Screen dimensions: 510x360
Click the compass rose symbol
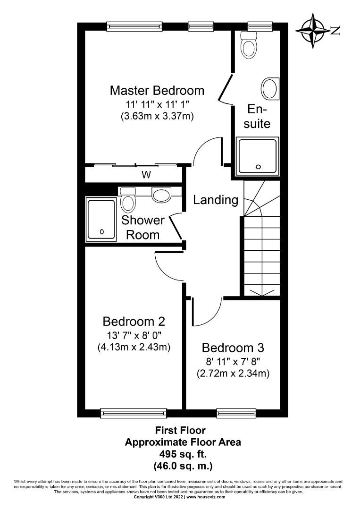(x=313, y=30)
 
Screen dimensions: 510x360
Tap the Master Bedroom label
(x=157, y=90)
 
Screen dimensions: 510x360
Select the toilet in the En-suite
(x=249, y=45)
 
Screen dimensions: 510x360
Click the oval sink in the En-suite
(x=270, y=88)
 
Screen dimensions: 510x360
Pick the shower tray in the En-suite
(x=258, y=156)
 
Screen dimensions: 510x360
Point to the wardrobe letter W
(x=147, y=175)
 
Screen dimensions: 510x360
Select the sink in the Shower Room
(x=162, y=194)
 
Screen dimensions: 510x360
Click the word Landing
(x=216, y=200)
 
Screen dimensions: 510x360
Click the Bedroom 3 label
(x=233, y=348)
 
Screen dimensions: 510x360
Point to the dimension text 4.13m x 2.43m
(x=134, y=347)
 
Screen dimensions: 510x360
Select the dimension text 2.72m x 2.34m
(x=233, y=374)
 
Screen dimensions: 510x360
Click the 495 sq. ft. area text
(x=183, y=454)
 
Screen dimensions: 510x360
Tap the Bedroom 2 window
(x=134, y=413)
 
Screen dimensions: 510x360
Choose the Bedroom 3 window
(x=236, y=413)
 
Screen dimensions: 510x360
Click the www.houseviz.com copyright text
(x=206, y=497)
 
